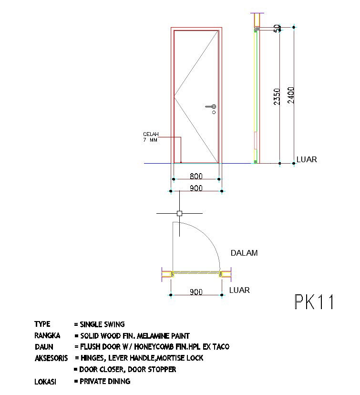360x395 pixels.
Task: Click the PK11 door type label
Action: [314, 301]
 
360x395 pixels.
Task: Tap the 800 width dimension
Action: [196, 176]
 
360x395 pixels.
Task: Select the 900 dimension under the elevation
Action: [196, 188]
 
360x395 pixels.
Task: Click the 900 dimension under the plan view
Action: [196, 292]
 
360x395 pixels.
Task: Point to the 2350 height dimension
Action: [277, 96]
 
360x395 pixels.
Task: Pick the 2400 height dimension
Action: [291, 95]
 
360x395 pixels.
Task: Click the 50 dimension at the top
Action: [277, 28]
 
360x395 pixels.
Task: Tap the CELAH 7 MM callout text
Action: [151, 137]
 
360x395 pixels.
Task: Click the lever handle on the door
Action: [211, 107]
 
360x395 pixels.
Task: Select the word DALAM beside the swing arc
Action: [244, 253]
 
